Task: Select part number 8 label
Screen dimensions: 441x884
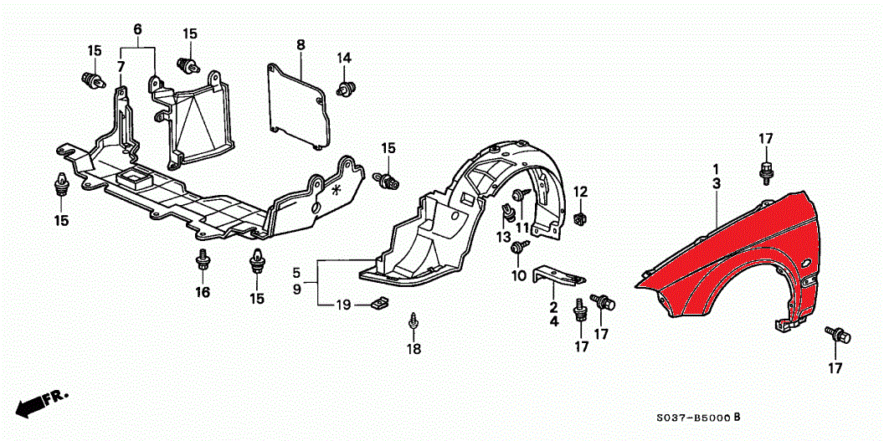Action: pyautogui.click(x=301, y=44)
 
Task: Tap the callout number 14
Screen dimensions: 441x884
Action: pyautogui.click(x=345, y=58)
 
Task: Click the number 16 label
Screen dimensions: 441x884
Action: pyautogui.click(x=203, y=292)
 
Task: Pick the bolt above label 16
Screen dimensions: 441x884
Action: pyautogui.click(x=202, y=259)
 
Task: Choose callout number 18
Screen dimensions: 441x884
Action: pyautogui.click(x=414, y=349)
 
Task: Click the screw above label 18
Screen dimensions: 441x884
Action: pyautogui.click(x=414, y=320)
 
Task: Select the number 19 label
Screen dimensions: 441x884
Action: pyautogui.click(x=343, y=304)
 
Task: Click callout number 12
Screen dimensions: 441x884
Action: pyautogui.click(x=580, y=192)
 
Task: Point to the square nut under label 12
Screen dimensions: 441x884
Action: pyautogui.click(x=581, y=218)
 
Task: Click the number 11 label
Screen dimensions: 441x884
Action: pyautogui.click(x=522, y=228)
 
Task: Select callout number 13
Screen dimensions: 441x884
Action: pyautogui.click(x=503, y=237)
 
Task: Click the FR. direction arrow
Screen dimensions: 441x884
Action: pyautogui.click(x=42, y=403)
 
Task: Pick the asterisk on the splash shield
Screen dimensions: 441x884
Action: pyautogui.click(x=337, y=191)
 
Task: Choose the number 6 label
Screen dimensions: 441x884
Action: pyautogui.click(x=137, y=29)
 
